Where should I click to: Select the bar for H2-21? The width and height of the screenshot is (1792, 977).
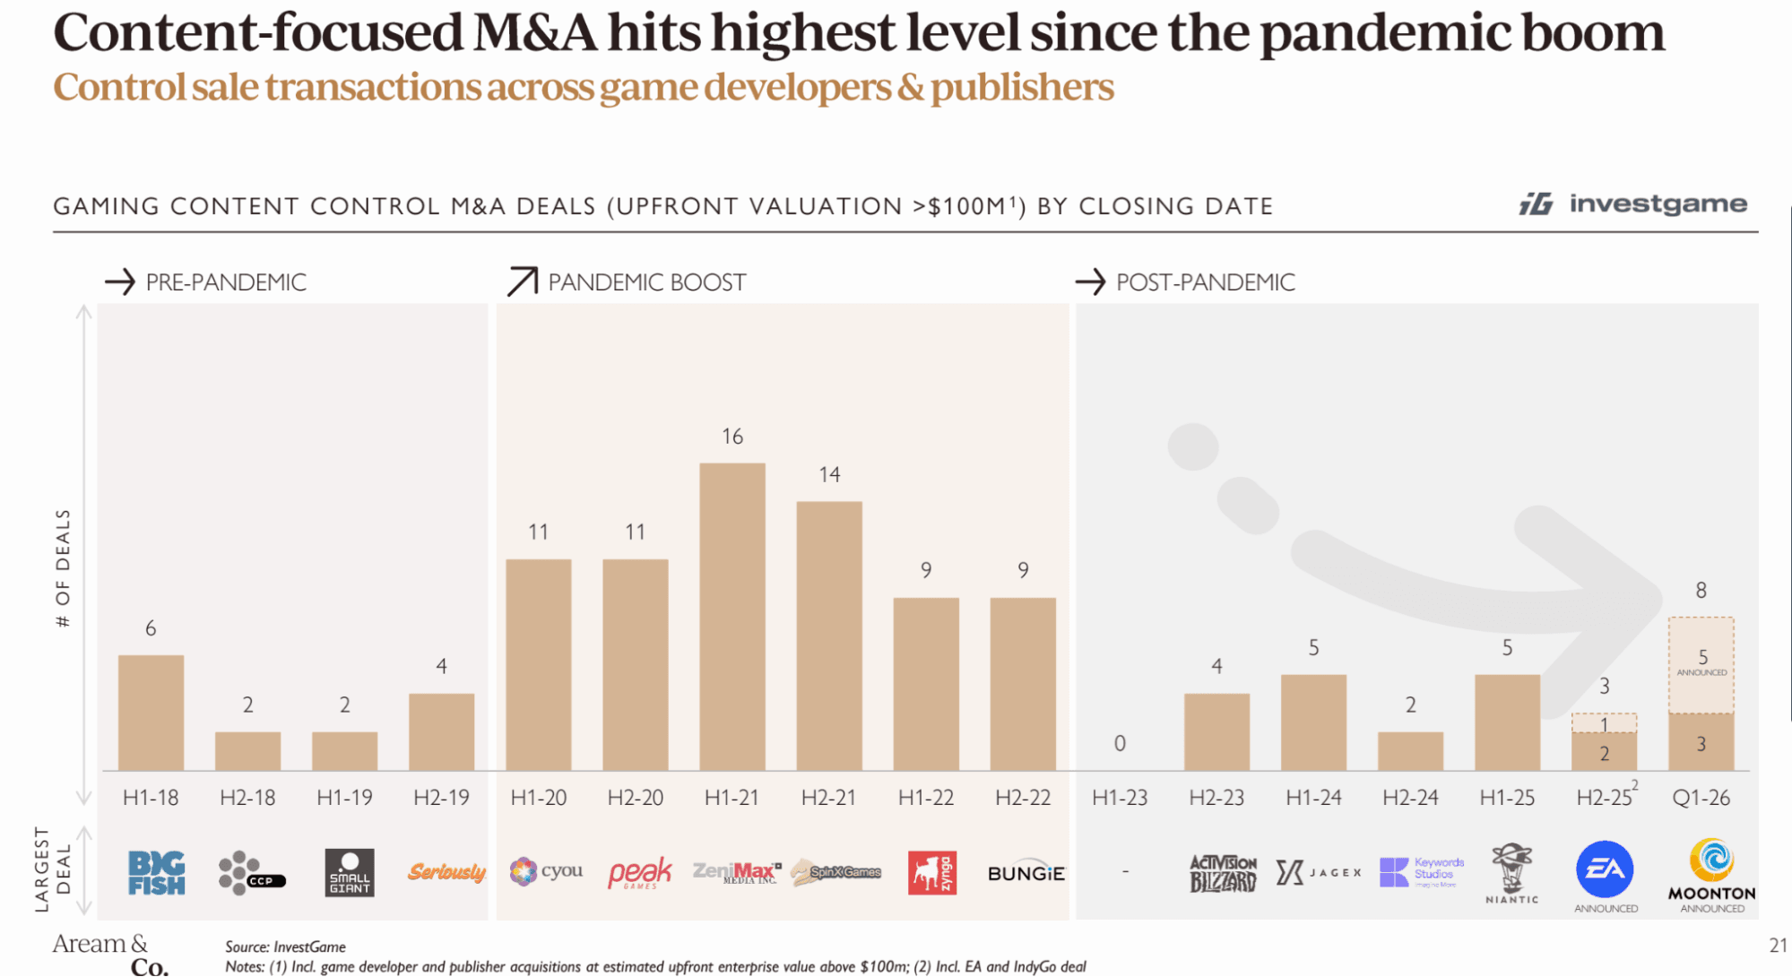click(x=829, y=635)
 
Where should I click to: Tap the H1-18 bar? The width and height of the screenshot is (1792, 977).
click(x=151, y=713)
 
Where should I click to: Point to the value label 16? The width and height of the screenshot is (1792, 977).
click(x=732, y=437)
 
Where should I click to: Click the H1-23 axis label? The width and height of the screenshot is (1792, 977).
click(x=1120, y=798)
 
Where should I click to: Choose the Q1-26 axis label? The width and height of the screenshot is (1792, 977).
click(x=1701, y=798)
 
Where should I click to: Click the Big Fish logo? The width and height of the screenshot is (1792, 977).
click(x=156, y=873)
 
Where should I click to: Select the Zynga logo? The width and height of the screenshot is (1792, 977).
click(x=932, y=873)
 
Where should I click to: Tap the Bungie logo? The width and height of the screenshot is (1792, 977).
click(x=1026, y=873)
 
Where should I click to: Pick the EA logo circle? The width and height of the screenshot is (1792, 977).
click(x=1605, y=869)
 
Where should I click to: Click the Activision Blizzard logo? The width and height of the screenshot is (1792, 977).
click(x=1223, y=873)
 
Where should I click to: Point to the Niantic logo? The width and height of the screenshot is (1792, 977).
click(x=1512, y=873)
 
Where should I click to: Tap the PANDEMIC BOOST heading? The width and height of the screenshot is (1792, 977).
click(x=646, y=282)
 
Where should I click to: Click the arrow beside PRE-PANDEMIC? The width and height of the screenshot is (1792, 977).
click(x=120, y=282)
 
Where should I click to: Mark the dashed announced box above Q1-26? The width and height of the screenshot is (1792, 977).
click(x=1701, y=665)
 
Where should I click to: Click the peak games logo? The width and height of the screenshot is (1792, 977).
click(x=639, y=872)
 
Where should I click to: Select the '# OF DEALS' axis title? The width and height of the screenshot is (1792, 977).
click(x=63, y=568)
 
